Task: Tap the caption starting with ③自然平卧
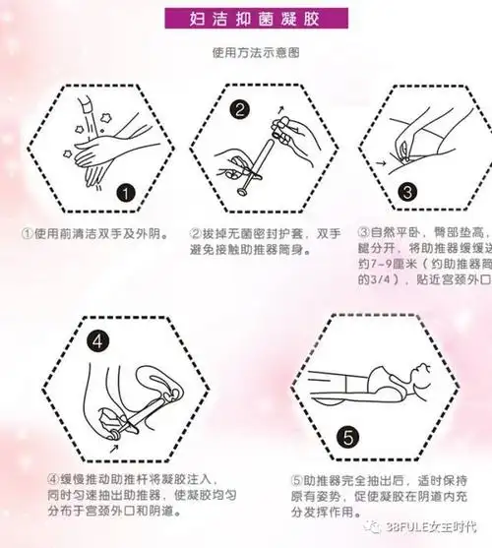click(424, 261)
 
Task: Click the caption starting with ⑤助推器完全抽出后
click(373, 496)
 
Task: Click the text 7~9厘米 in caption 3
click(400, 263)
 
